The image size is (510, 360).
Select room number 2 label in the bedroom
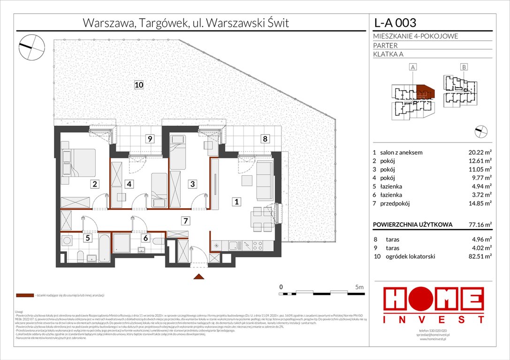point(95,184)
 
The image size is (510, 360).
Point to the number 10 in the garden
point(138,85)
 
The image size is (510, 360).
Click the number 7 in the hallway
point(186,220)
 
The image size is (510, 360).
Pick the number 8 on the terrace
point(265,139)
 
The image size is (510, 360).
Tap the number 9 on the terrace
point(149,139)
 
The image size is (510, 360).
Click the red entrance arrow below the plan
point(199,277)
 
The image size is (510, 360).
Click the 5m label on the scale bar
point(360,286)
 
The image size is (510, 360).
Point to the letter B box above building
point(464,67)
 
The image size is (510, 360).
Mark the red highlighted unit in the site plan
point(425,91)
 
